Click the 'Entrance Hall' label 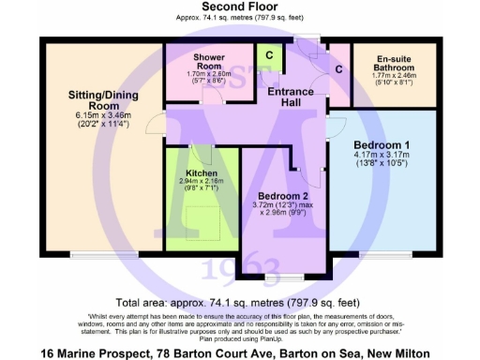point(293,96)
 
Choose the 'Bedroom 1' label point(382,144)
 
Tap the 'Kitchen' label point(202,173)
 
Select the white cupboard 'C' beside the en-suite point(337,68)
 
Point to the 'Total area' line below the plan point(239,303)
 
